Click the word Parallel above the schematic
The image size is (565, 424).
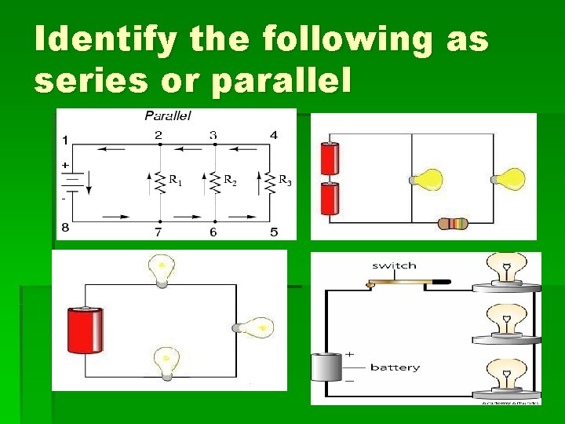pyautogui.click(x=168, y=115)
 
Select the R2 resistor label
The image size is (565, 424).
pyautogui.click(x=230, y=181)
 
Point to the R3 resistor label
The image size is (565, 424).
pyautogui.click(x=285, y=181)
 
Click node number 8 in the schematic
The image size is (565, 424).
pyautogui.click(x=65, y=228)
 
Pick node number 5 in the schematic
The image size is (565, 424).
pyautogui.click(x=273, y=232)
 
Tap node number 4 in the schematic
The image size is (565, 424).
pyautogui.click(x=273, y=135)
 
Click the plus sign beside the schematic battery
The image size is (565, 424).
pyautogui.click(x=64, y=166)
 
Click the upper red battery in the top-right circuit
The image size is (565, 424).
pyautogui.click(x=330, y=159)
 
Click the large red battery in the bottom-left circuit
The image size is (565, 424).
pyautogui.click(x=85, y=331)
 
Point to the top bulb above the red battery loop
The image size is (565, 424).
pyautogui.click(x=162, y=269)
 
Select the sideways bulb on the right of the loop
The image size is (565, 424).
pyautogui.click(x=253, y=327)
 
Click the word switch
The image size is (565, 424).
pyautogui.click(x=394, y=265)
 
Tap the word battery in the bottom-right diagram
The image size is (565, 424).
pyautogui.click(x=395, y=367)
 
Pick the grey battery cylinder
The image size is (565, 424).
pyautogui.click(x=326, y=367)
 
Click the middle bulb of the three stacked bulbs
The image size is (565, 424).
pyautogui.click(x=506, y=321)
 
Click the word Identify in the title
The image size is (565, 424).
pyautogui.click(x=105, y=40)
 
